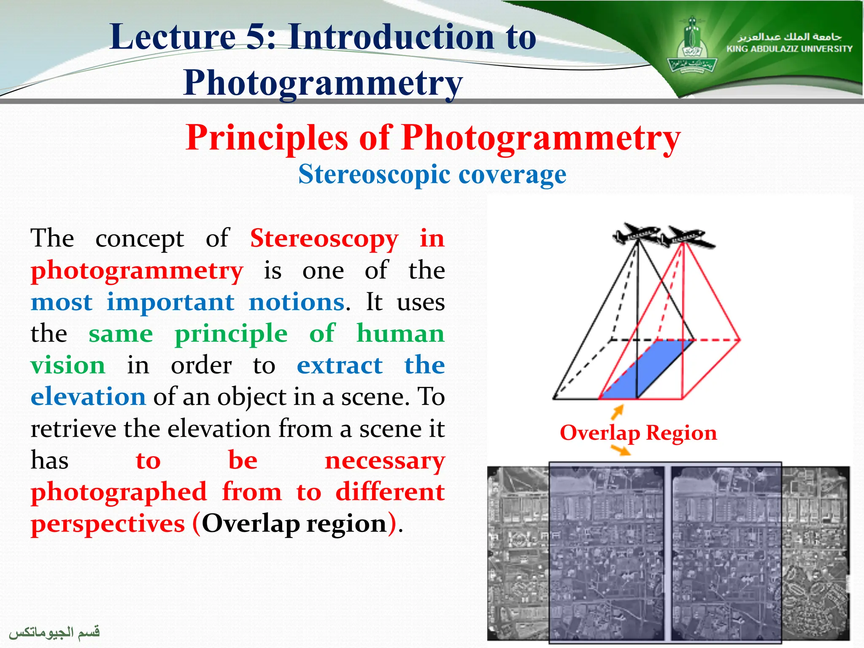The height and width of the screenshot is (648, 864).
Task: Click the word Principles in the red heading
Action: (267, 138)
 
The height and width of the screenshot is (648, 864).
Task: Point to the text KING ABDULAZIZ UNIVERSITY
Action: (789, 49)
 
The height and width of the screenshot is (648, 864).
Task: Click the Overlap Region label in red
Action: (638, 433)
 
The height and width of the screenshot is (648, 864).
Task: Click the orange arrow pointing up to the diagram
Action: (618, 412)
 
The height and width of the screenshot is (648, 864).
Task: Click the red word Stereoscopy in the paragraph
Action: (324, 239)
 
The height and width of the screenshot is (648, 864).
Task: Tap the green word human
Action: (400, 334)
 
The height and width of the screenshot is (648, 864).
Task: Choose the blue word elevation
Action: (88, 397)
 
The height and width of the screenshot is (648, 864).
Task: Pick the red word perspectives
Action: (108, 524)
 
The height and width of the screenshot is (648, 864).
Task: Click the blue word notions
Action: (297, 302)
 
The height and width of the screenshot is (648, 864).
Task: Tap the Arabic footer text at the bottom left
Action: (55, 632)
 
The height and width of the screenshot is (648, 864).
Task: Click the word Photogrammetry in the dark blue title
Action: (323, 83)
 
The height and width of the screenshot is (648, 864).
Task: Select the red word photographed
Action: (119, 492)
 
